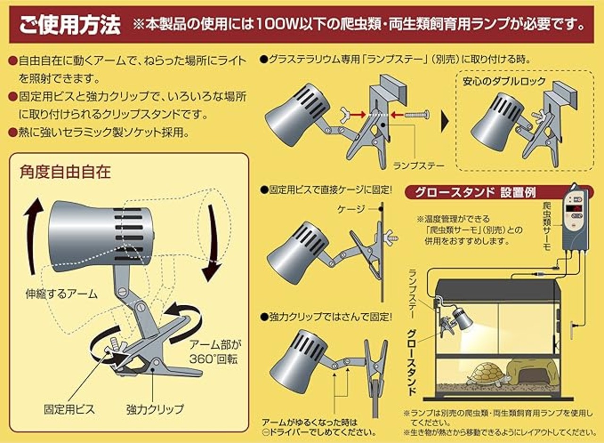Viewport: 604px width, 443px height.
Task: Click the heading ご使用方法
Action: [x=70, y=25]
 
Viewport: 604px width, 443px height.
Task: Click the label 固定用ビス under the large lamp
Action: [x=69, y=409]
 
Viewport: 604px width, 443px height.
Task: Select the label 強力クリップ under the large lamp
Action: [x=155, y=409]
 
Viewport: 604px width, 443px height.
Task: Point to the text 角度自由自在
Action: [x=65, y=172]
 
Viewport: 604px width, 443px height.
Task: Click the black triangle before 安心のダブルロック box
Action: [x=445, y=122]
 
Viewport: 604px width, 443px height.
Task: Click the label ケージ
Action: [x=352, y=209]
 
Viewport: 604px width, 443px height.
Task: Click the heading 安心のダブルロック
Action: [x=504, y=81]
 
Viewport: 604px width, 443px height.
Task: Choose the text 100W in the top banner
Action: [x=288, y=25]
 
